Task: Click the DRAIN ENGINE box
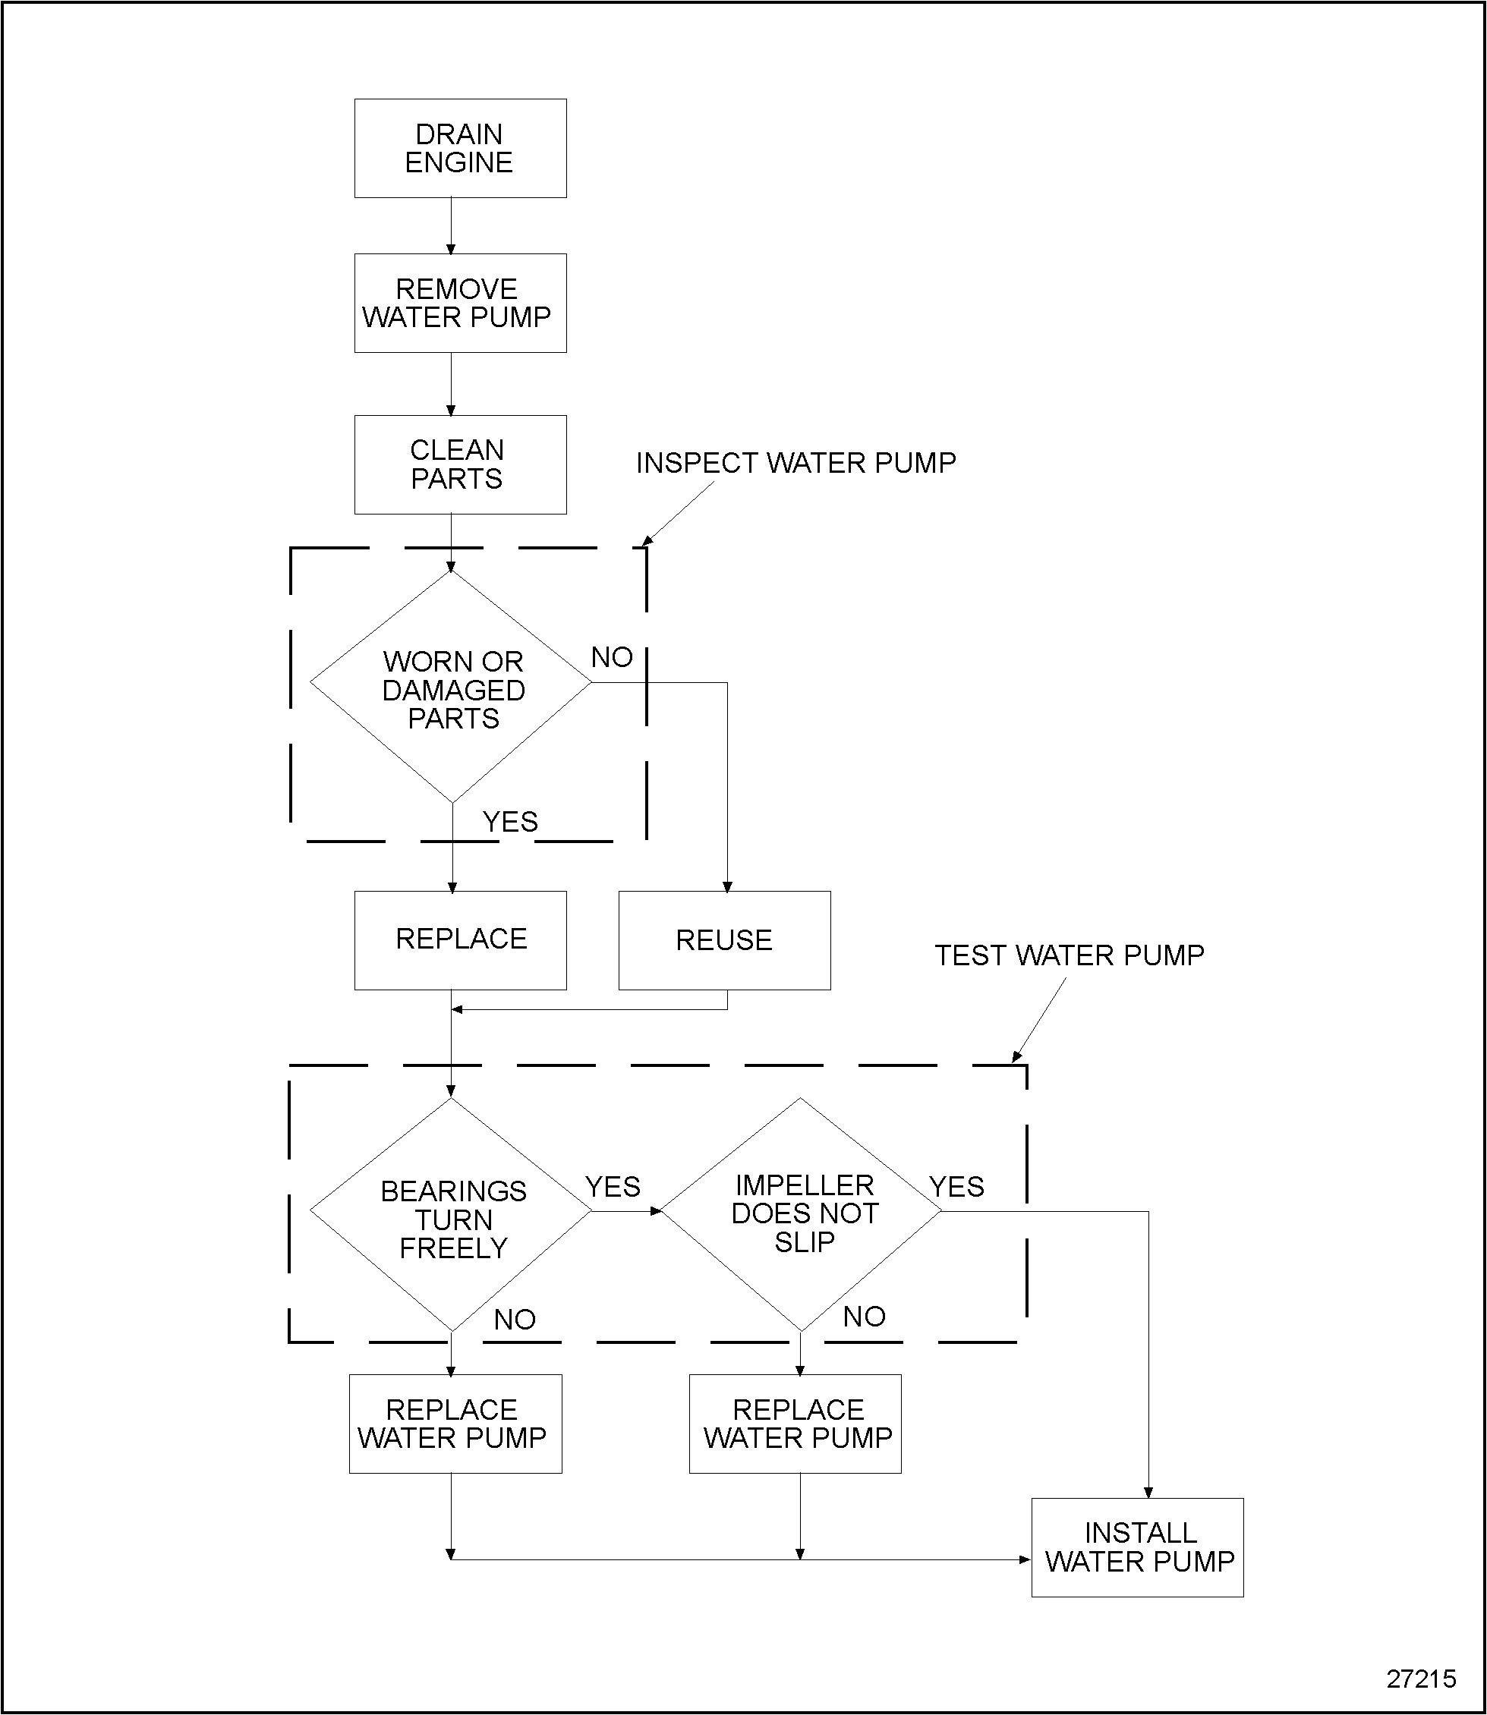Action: (x=460, y=149)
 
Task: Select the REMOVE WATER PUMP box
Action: (x=460, y=303)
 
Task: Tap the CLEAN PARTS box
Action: (x=460, y=464)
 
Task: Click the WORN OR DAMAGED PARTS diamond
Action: (x=452, y=688)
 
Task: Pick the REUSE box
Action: (x=723, y=940)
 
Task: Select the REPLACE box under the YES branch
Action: (x=460, y=940)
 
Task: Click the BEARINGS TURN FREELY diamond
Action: (x=452, y=1219)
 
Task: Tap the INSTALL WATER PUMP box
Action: (x=1138, y=1547)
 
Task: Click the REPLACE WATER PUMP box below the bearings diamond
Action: (x=455, y=1424)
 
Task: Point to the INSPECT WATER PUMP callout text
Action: (x=795, y=463)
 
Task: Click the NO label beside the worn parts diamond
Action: (x=612, y=657)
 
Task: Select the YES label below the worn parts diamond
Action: (x=510, y=821)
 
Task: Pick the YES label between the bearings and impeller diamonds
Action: (x=613, y=1187)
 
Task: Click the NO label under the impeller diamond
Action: (x=864, y=1317)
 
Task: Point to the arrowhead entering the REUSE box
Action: (x=728, y=887)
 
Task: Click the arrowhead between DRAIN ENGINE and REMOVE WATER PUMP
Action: (x=452, y=249)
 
